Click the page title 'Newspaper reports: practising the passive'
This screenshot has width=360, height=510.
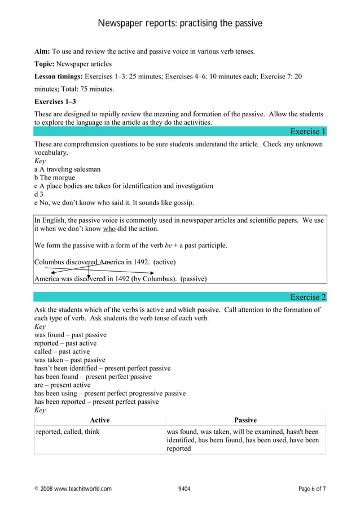[x=180, y=23]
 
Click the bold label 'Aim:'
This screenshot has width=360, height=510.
[x=42, y=51]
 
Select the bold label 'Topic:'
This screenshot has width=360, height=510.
[x=45, y=64]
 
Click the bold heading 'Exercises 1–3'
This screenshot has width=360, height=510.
[x=55, y=102]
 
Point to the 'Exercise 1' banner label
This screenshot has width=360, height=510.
[x=308, y=132]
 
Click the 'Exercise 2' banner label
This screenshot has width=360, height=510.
[x=308, y=297]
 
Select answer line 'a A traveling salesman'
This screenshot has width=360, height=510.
[x=68, y=169]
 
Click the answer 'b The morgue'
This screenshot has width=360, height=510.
[x=55, y=177]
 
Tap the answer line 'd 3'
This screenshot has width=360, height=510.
[x=39, y=194]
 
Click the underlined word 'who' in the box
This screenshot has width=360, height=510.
[x=109, y=229]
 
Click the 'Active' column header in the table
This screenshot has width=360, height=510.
[x=99, y=420]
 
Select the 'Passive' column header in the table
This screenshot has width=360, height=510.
[x=245, y=420]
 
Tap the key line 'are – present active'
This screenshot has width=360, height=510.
[x=62, y=385]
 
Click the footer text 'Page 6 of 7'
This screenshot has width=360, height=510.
[x=312, y=489]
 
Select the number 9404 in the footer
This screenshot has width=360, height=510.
[x=184, y=489]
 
